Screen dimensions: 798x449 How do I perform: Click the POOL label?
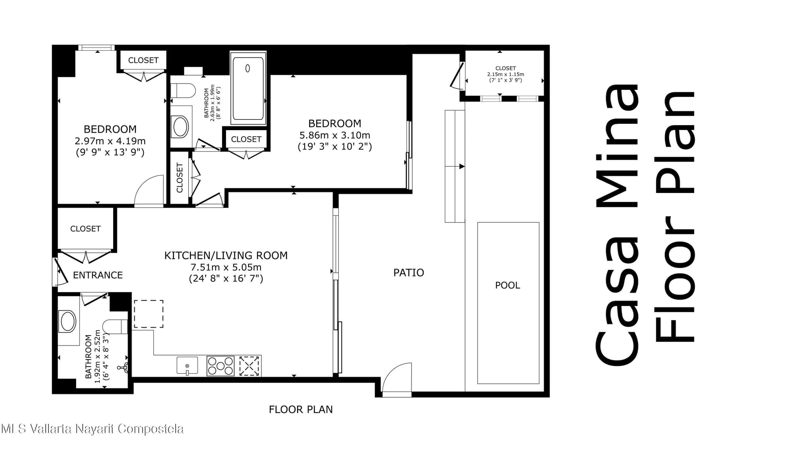click(507, 285)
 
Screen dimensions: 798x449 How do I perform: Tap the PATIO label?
click(409, 273)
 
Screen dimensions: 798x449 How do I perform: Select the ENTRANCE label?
click(98, 275)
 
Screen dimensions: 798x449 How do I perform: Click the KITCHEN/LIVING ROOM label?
click(226, 255)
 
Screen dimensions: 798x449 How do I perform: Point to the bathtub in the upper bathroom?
click(248, 89)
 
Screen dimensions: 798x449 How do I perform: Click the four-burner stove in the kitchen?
click(220, 366)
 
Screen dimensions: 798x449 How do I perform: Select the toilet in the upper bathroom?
click(183, 91)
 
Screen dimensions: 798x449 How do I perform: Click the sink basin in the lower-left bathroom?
click(68, 321)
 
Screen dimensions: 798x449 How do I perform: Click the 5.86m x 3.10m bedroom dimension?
click(335, 135)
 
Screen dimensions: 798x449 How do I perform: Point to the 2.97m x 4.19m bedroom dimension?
click(110, 141)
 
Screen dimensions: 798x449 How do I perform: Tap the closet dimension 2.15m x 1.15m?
click(505, 74)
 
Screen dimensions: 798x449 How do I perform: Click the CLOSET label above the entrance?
click(85, 229)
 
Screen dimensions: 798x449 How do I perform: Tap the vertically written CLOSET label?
click(180, 178)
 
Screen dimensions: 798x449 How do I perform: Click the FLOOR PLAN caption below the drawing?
click(300, 410)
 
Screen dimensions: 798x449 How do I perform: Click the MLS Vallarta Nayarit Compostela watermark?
click(92, 429)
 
